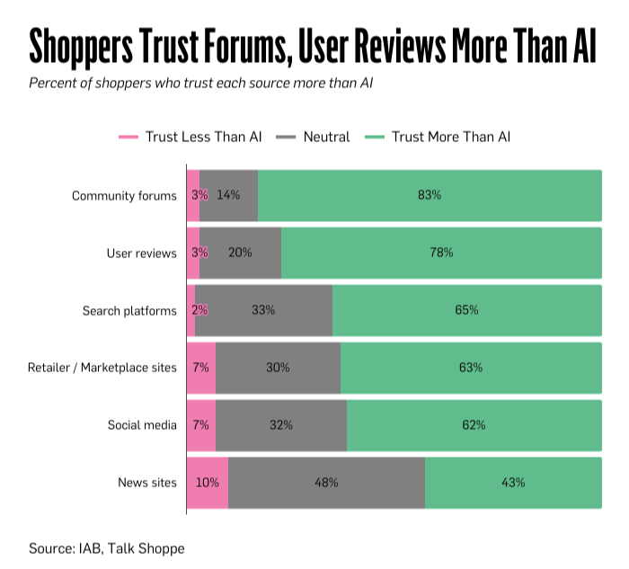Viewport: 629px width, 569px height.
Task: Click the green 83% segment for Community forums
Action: click(x=430, y=195)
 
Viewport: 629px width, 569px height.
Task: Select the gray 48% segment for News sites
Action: click(x=326, y=483)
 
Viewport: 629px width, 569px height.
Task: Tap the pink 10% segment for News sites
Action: click(x=208, y=483)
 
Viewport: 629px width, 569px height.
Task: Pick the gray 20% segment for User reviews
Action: click(x=240, y=253)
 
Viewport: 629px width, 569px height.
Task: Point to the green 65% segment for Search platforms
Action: click(x=466, y=310)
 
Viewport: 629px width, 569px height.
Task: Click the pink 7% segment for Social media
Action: click(x=200, y=425)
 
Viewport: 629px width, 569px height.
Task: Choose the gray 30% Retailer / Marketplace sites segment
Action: click(x=278, y=368)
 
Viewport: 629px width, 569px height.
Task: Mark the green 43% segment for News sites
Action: click(x=513, y=483)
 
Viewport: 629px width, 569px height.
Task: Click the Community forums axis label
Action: click(x=124, y=195)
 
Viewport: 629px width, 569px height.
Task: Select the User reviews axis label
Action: click(x=142, y=253)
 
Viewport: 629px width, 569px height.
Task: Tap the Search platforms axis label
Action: click(x=129, y=310)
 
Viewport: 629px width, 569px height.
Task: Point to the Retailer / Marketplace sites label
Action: click(x=102, y=368)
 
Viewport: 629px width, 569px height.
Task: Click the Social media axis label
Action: click(x=142, y=425)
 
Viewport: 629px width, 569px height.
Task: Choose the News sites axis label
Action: click(x=147, y=483)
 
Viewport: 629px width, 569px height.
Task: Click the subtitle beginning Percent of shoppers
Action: click(x=200, y=84)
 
